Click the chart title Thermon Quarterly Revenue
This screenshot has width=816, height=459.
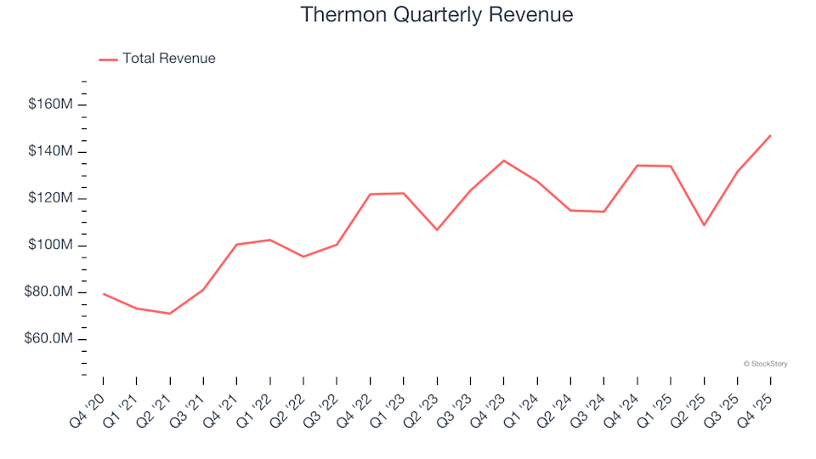(x=437, y=15)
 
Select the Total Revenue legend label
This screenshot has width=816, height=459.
(x=168, y=59)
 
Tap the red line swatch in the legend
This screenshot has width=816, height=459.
(x=108, y=59)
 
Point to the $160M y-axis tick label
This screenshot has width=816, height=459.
(x=51, y=105)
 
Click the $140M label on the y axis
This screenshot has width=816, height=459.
(x=51, y=151)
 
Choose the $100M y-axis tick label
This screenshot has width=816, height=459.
(x=51, y=246)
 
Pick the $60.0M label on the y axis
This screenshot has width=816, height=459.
(x=49, y=339)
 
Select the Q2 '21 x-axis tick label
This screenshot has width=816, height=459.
(x=156, y=401)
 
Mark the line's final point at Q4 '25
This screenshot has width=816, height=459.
(x=770, y=135)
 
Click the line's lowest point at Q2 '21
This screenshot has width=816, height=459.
(x=170, y=314)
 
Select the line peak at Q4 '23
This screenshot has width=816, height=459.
(x=504, y=161)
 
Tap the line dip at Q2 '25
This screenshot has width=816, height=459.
(x=704, y=225)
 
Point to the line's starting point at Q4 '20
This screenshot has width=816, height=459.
(x=104, y=294)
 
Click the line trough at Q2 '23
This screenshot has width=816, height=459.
(x=437, y=229)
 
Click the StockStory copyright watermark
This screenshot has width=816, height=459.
(x=765, y=364)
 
